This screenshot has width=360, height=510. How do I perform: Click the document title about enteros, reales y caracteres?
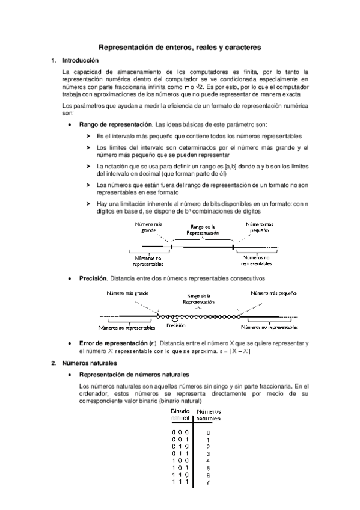click(x=179, y=47)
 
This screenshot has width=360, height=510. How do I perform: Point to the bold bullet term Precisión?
click(x=93, y=278)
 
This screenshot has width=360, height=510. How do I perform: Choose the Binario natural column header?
click(x=180, y=414)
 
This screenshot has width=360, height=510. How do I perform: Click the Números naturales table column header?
click(x=209, y=414)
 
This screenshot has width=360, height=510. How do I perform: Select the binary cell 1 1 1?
click(x=180, y=482)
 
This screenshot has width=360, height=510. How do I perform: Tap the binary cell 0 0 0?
click(x=180, y=432)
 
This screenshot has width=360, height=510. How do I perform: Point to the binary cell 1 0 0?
click(x=180, y=461)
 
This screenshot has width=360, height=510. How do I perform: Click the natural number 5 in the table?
click(x=208, y=468)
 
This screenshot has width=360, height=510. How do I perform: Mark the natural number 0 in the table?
click(x=208, y=432)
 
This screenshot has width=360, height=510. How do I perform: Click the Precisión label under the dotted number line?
click(x=175, y=325)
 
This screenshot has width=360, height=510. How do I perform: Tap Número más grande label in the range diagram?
click(x=148, y=226)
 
